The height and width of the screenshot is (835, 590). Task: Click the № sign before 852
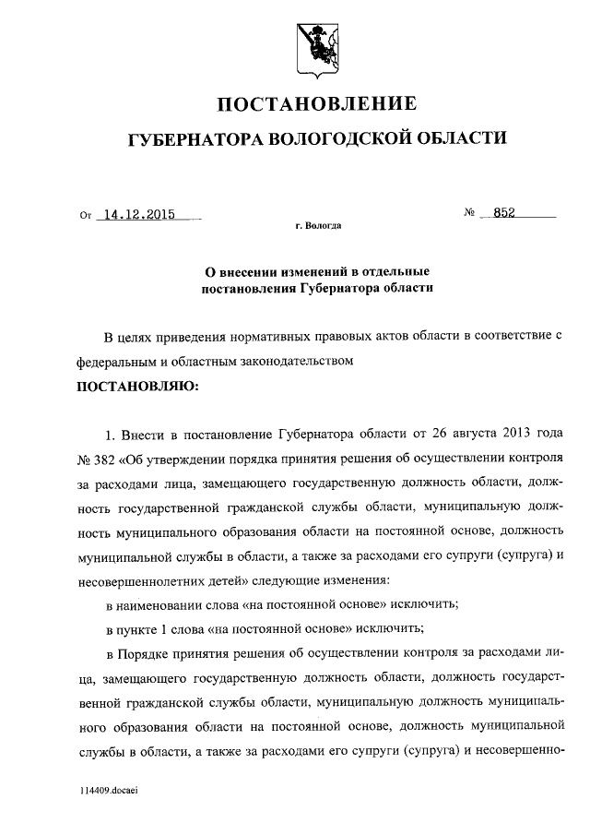tap(469, 213)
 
